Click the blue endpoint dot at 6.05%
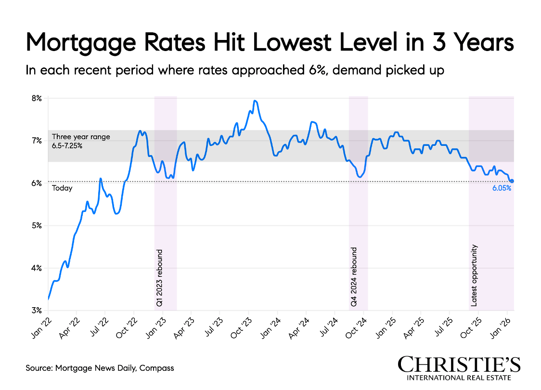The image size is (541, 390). [512, 181]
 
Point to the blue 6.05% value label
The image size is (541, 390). [502, 189]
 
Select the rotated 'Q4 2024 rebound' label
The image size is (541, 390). [354, 277]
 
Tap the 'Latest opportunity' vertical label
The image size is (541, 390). [474, 275]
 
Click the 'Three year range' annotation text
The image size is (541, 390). [81, 137]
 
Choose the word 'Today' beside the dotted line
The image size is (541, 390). [62, 188]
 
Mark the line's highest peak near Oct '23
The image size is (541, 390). [255, 101]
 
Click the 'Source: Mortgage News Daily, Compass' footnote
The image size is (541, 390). [100, 368]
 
